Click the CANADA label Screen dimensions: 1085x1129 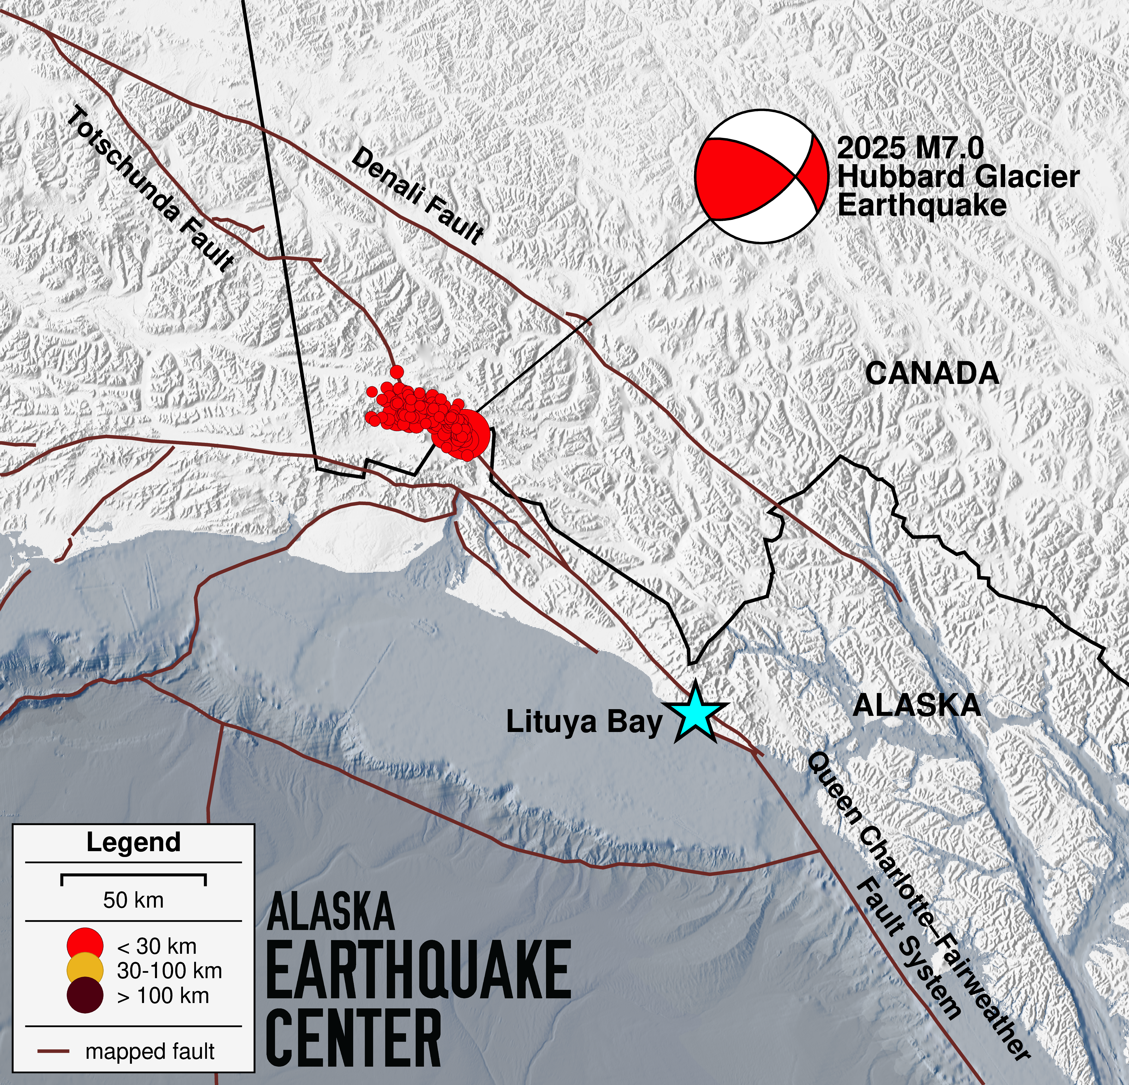click(x=932, y=374)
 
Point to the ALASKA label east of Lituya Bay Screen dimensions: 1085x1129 click(x=916, y=705)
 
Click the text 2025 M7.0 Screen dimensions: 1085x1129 click(x=910, y=149)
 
